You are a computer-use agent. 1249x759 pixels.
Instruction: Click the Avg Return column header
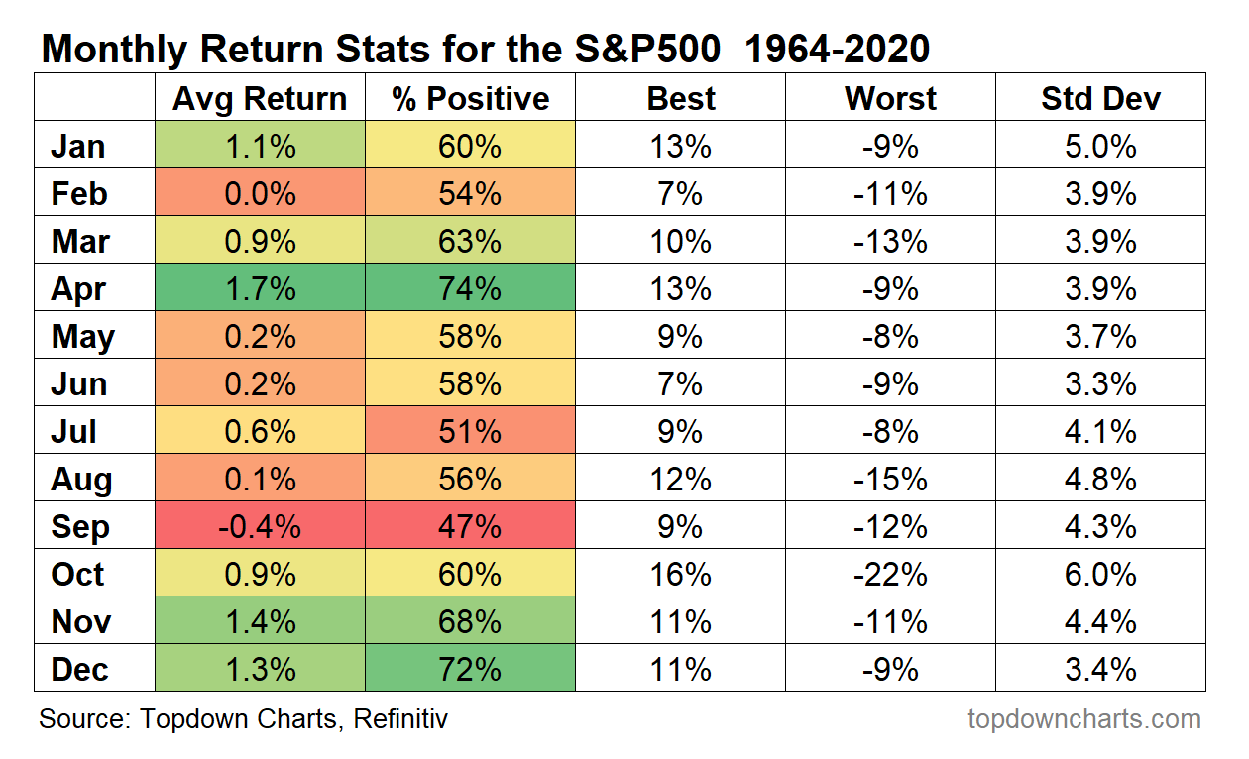click(260, 99)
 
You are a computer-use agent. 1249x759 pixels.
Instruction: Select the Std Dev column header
click(1100, 99)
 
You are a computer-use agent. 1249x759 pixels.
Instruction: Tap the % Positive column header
click(470, 99)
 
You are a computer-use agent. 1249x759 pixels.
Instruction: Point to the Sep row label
click(79, 527)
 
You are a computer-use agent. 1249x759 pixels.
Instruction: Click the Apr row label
click(78, 289)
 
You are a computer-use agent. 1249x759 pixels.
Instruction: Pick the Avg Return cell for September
click(260, 525)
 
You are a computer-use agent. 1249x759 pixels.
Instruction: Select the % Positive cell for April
click(470, 287)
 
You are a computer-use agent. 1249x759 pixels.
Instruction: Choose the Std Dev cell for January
click(1100, 145)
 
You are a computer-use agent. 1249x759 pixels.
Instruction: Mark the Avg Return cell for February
click(260, 192)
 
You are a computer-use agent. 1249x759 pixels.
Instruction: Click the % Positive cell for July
click(470, 430)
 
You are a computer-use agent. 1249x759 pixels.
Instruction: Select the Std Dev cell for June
click(1100, 382)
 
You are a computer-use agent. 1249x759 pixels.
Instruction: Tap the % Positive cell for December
click(470, 668)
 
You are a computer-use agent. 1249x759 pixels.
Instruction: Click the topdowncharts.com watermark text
click(1084, 719)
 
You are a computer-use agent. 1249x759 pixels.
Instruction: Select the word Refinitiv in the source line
click(400, 719)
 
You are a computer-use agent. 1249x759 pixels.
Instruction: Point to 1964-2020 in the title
click(837, 49)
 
